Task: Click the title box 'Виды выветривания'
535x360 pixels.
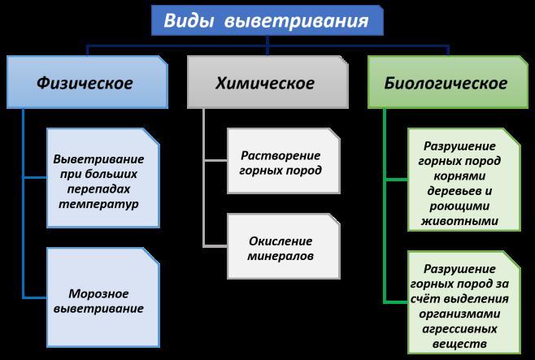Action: tap(267, 20)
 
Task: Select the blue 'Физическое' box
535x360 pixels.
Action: tap(85, 83)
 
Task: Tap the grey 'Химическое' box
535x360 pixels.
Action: tap(266, 83)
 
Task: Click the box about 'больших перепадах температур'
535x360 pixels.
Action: tap(98, 180)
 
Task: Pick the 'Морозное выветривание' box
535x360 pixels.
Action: tap(98, 300)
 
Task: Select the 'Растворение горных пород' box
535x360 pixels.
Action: tap(280, 163)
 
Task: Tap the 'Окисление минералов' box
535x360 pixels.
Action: tap(280, 249)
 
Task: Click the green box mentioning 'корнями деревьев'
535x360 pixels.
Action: tap(461, 183)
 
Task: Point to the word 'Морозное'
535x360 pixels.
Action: tap(98, 293)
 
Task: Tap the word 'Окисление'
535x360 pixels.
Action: tap(281, 241)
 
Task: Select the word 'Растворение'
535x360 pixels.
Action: tap(281, 155)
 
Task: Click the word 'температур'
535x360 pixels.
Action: tap(98, 204)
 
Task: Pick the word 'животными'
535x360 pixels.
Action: tap(461, 220)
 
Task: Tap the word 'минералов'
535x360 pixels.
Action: tap(281, 257)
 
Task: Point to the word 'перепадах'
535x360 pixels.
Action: tap(98, 189)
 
